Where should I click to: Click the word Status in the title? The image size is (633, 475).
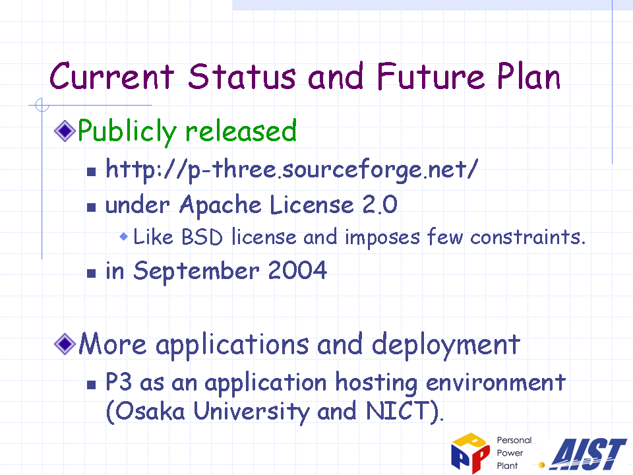coord(241,77)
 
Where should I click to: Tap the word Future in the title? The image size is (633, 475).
coord(431,77)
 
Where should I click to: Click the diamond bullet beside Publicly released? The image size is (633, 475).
coord(65,131)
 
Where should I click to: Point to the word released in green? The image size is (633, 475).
coord(241,131)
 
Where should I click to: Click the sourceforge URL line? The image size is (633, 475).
coord(291,170)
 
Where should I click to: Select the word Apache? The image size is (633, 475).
coord(220,205)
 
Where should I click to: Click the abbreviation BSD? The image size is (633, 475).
coord(202,237)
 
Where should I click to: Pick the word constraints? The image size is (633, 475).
coord(527,237)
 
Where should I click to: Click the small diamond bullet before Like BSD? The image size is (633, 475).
coord(124,236)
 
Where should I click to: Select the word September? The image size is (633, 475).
coord(196,271)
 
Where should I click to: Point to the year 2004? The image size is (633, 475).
coord(297,270)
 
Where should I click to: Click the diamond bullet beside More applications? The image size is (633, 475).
coord(65,344)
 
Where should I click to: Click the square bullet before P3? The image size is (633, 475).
coord(92,385)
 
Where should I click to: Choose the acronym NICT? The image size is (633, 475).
coord(398,411)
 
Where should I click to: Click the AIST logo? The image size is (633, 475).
coord(589,454)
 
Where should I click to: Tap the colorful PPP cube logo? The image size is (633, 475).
coord(470,453)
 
